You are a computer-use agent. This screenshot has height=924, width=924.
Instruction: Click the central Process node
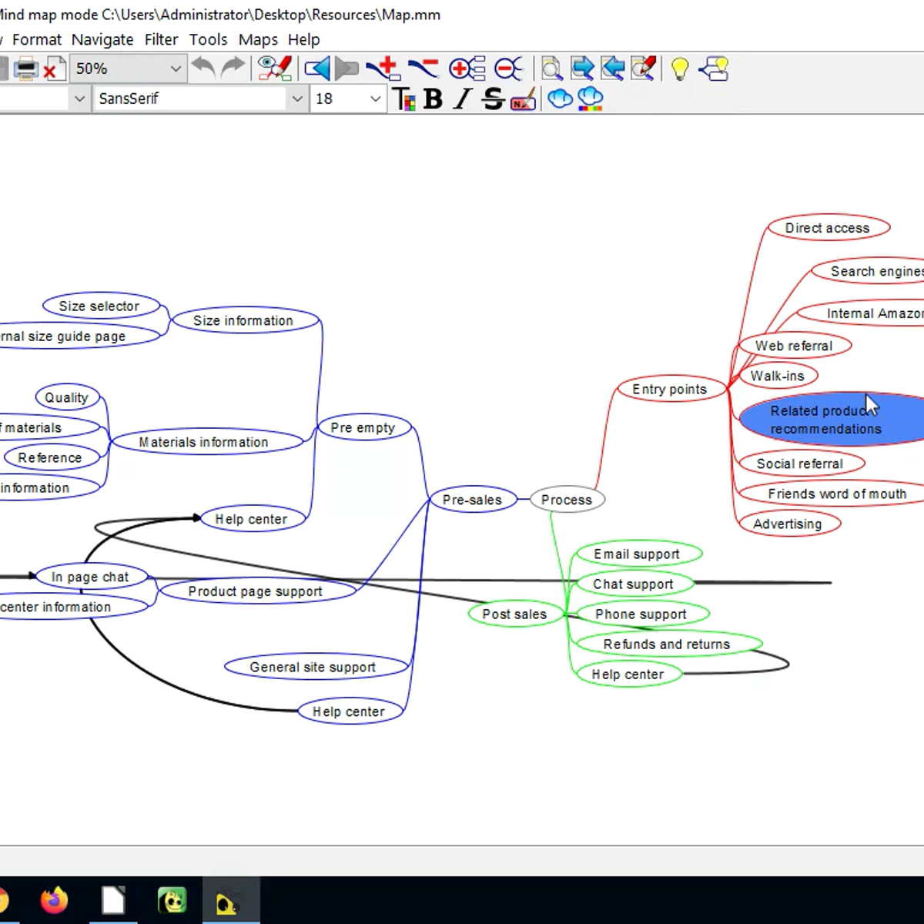point(567,500)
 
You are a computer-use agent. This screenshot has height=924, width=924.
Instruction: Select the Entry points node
point(669,390)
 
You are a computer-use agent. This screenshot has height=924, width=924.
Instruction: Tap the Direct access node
point(827,228)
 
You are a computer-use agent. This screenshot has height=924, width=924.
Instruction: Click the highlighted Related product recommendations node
point(825,420)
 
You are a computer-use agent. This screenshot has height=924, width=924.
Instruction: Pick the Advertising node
point(787,524)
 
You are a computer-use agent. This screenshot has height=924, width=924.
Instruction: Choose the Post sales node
point(514,614)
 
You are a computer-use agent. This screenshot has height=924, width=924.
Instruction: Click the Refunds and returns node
point(666,644)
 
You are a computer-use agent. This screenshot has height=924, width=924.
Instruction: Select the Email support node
point(636,554)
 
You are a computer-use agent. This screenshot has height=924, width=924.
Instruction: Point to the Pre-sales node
point(472,500)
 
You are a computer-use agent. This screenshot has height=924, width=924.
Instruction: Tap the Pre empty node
point(363,428)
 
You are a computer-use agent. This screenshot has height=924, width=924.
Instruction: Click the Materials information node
point(204,443)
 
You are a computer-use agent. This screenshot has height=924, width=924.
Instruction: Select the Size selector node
point(99,306)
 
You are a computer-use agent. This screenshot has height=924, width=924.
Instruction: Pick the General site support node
point(313,668)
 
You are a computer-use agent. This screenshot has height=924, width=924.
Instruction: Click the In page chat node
point(90,577)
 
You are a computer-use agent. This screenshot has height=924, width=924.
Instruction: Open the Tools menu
point(208,39)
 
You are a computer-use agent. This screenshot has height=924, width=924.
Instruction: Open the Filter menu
point(161,39)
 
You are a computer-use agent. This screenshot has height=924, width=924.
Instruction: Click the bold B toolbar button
point(433,99)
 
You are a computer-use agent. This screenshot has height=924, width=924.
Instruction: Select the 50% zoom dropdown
point(128,69)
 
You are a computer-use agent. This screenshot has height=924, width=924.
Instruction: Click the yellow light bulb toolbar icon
point(679,69)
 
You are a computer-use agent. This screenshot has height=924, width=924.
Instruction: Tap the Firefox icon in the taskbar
point(54,900)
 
